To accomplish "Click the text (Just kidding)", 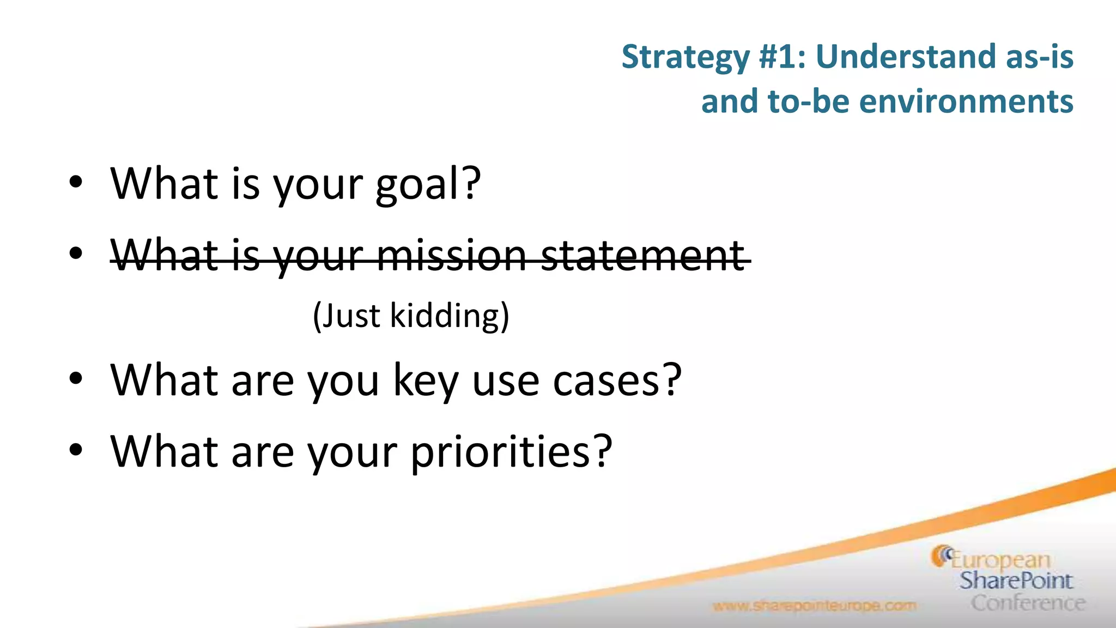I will (411, 316).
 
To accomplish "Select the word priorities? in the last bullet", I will (511, 452).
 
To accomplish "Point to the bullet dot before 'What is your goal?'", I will (76, 182).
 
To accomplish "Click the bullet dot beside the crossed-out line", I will (76, 253).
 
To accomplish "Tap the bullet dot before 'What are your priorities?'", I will (76, 450).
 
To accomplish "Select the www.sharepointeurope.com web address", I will (814, 606).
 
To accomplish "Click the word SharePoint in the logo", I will (1016, 581).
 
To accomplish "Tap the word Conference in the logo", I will (1028, 603).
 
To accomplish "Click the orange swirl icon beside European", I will (941, 555).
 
